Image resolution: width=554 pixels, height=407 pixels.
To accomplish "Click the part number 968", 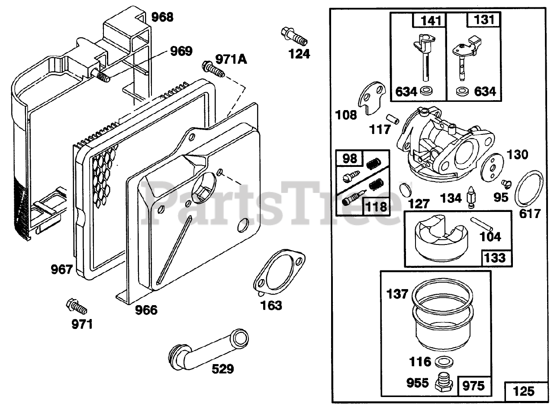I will coord(162,17).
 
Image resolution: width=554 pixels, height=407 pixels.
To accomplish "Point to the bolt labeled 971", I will coord(76,306).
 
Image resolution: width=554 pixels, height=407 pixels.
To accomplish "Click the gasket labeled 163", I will coord(279,273).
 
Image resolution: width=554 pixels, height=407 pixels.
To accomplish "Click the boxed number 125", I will coord(524,391).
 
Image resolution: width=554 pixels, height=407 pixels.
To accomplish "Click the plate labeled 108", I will coord(373,98).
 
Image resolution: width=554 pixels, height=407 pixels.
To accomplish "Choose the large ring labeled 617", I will coord(529,189).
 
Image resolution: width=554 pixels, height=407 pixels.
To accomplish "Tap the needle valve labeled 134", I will coord(470,198).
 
